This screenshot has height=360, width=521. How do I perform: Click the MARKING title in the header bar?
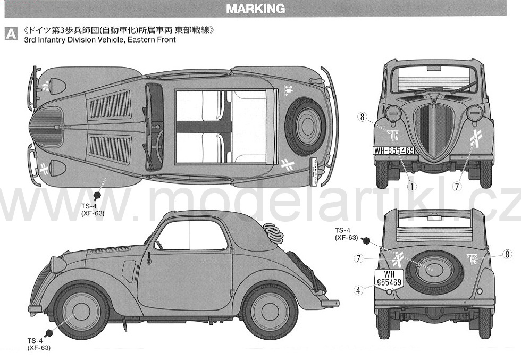[x=255, y=9]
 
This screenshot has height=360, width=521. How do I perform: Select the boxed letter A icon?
[x=11, y=34]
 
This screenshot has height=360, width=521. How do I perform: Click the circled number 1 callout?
[x=411, y=187]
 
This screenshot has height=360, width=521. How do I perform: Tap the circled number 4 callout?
[x=358, y=290]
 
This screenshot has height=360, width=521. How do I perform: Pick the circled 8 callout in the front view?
[x=362, y=116]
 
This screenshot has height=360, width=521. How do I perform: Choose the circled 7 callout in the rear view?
[x=358, y=258]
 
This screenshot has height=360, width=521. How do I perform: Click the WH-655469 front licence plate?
[x=394, y=151]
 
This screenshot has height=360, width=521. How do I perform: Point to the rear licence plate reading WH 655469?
[x=389, y=279]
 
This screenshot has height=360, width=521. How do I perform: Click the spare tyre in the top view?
[x=305, y=127]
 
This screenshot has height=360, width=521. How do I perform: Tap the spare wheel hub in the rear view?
[x=432, y=269]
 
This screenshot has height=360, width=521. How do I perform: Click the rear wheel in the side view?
[x=270, y=312]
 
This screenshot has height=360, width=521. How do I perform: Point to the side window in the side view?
[x=190, y=236]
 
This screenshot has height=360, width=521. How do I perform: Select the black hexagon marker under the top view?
[x=97, y=196]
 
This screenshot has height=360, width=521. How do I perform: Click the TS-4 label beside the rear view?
[x=342, y=230]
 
